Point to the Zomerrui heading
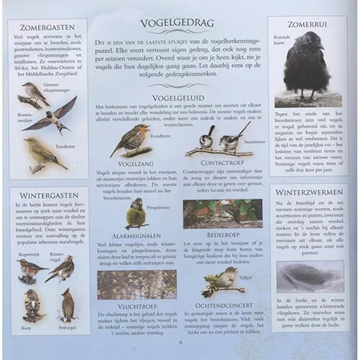click(302, 23)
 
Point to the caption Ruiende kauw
click(282, 44)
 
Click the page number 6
click(180, 343)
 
